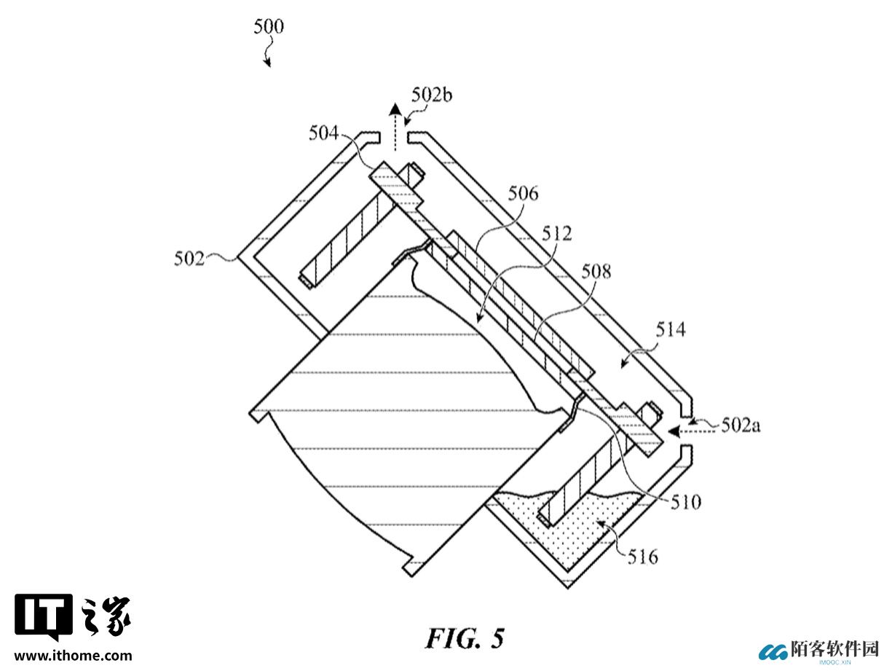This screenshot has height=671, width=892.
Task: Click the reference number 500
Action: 269,27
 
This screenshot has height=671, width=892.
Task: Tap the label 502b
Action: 432,95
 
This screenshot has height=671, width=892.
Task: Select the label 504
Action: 323,133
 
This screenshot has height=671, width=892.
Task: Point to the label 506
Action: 524,194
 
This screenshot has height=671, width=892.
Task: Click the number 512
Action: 557,234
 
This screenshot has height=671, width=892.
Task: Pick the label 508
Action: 596,272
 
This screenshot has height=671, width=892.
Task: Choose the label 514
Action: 671,329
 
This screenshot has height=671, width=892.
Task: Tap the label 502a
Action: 741,426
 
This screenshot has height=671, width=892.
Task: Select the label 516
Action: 643,557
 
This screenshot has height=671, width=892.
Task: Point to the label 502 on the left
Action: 189,259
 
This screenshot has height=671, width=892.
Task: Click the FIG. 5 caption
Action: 465,638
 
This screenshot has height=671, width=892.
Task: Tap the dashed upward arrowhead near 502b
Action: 394,109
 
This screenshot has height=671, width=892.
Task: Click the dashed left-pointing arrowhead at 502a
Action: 674,431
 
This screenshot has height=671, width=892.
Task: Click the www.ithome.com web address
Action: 73,656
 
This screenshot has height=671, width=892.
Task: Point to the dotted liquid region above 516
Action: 569,533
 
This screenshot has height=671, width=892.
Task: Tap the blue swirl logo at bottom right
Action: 774,652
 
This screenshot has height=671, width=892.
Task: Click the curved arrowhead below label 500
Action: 268,63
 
